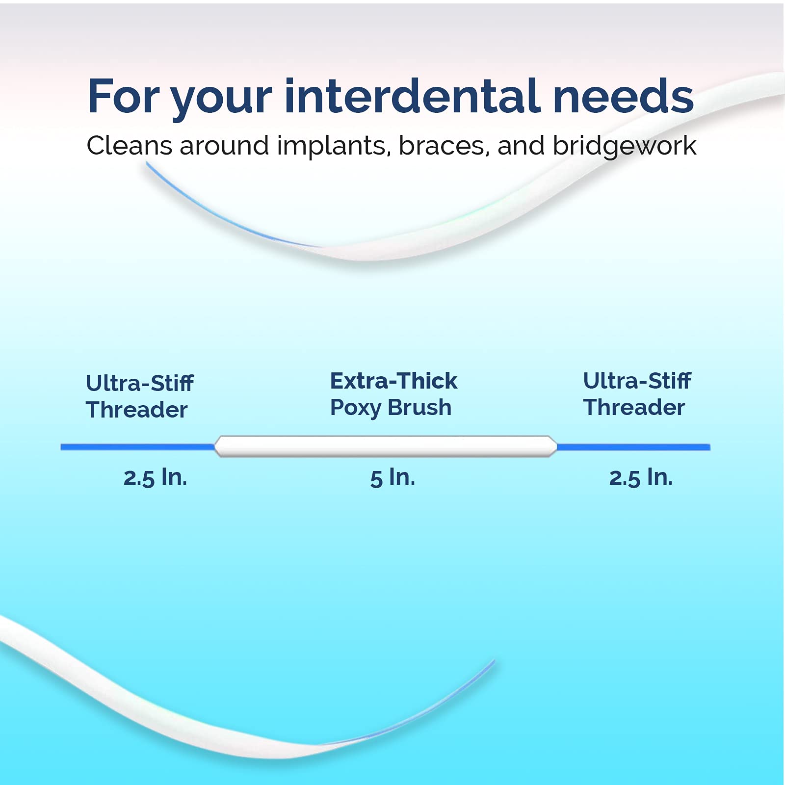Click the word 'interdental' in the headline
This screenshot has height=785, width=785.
[x=412, y=97]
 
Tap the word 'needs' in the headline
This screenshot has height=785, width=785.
[x=623, y=97]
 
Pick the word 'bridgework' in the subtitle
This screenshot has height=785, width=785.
[x=624, y=146]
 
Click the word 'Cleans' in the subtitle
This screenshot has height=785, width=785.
[x=129, y=146]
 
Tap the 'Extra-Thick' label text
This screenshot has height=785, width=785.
[x=393, y=381]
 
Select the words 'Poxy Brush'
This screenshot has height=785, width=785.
[x=391, y=408]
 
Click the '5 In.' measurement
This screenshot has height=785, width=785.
[x=392, y=477]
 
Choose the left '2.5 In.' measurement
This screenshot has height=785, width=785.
[x=155, y=477]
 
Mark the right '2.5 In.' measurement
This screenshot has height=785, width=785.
[x=641, y=477]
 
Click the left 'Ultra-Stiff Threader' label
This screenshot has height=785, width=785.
[x=139, y=396]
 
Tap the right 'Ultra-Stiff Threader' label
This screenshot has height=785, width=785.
[x=637, y=394]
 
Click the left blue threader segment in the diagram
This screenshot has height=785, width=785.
[x=137, y=447]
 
